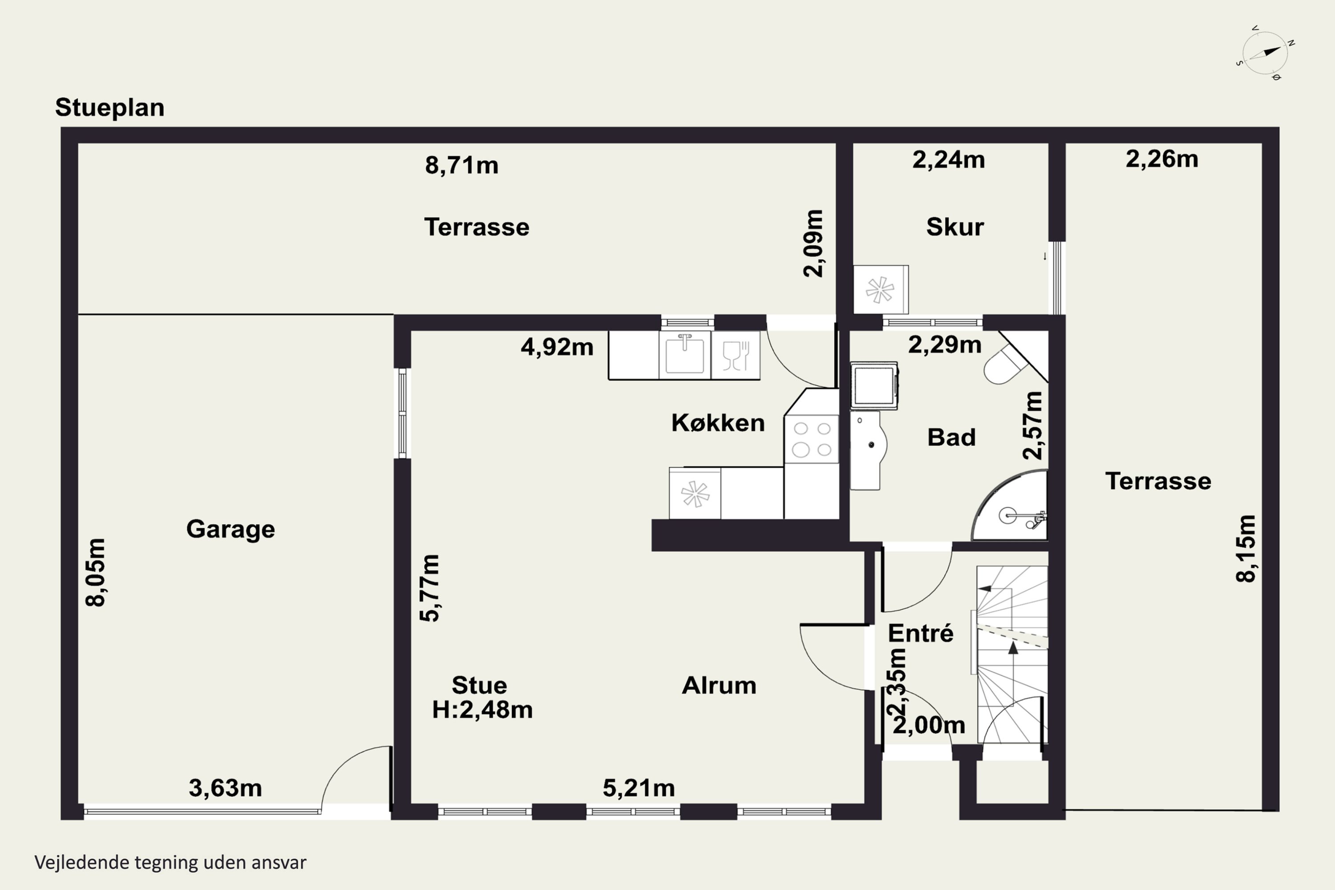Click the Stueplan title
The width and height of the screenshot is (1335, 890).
tap(109, 107)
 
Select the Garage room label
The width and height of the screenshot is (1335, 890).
tap(231, 530)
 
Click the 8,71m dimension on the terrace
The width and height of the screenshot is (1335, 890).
tap(461, 165)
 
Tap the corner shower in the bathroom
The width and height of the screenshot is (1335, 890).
tap(1010, 506)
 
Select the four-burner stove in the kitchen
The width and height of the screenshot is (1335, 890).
tap(812, 439)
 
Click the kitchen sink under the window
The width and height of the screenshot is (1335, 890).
tap(684, 354)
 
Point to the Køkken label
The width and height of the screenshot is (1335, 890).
tap(718, 423)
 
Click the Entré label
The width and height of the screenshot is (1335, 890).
tap(921, 633)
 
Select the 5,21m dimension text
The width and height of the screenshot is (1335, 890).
tap(639, 788)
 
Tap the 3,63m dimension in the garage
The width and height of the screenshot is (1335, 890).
tap(225, 788)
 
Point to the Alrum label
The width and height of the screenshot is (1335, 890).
tap(719, 686)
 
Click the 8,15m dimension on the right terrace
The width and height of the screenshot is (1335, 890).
tap(1246, 548)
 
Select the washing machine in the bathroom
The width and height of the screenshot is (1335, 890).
tap(874, 386)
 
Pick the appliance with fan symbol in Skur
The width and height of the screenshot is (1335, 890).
tap(881, 290)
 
